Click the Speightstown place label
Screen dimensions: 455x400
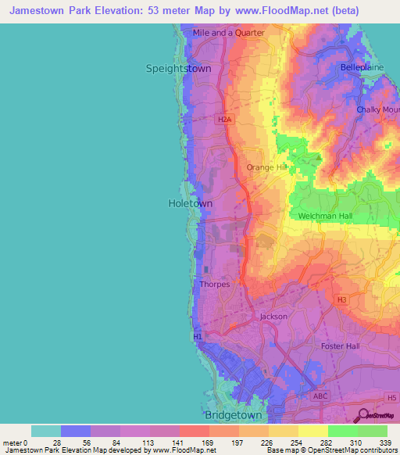click(179, 68)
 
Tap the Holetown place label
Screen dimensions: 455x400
click(191, 203)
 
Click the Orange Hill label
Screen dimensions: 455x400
click(267, 167)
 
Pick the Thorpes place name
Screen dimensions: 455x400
click(215, 285)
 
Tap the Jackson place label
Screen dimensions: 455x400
click(273, 317)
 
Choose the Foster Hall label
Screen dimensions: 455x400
click(340, 346)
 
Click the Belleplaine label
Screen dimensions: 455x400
click(359, 68)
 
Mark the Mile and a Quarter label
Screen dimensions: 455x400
click(229, 34)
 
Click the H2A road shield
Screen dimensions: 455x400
click(225, 119)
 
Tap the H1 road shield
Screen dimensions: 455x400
click(198, 336)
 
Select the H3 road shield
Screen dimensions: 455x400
click(341, 299)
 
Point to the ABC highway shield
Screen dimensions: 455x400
click(320, 396)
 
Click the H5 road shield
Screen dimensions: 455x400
click(391, 398)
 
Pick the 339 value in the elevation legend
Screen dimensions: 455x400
click(386, 442)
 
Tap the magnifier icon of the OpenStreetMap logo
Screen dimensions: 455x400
click(362, 415)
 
